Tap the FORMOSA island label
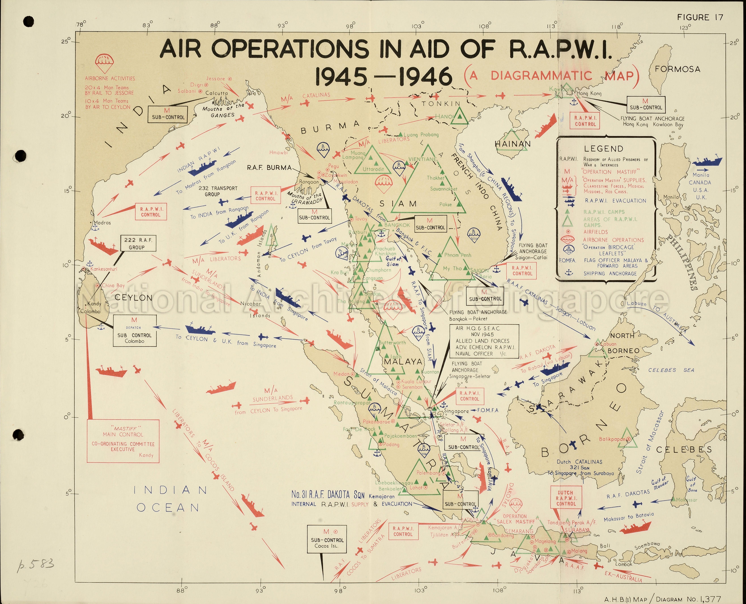coord(677,69)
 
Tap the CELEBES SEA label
coord(671,370)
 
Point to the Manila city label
coord(671,197)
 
